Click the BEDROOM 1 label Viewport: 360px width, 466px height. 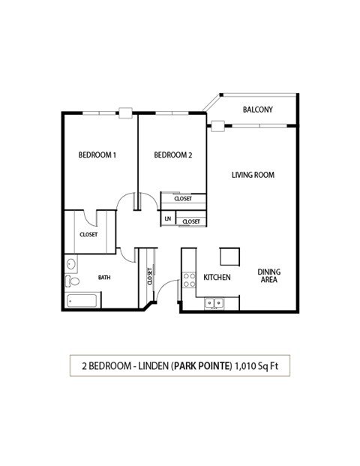(97, 155)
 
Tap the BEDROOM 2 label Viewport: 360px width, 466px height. (173, 155)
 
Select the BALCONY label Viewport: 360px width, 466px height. (257, 110)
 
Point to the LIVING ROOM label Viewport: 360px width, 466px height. (253, 175)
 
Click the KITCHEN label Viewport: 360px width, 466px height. (217, 278)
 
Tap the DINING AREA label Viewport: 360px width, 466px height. (268, 275)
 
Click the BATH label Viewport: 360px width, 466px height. (104, 278)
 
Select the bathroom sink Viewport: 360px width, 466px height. (70, 264)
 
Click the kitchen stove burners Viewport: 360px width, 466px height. (190, 280)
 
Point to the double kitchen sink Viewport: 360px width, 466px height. (215, 304)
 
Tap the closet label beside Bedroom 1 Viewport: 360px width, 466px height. (88, 235)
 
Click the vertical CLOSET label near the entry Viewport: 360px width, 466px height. (150, 277)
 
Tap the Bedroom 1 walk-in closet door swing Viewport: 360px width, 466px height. (90, 217)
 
